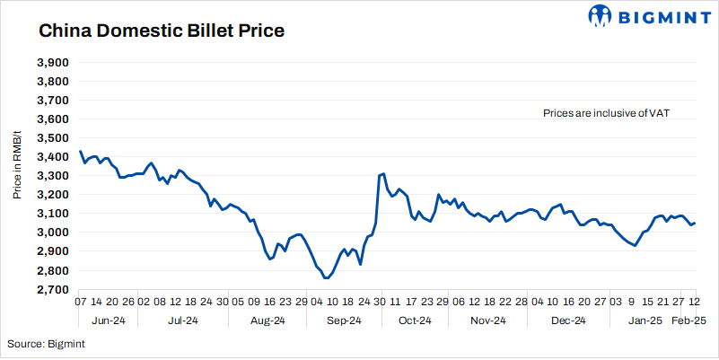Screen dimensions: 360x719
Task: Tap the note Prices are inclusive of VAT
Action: tap(607, 113)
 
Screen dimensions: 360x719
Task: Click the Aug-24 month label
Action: tap(267, 320)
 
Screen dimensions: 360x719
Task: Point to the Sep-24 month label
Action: tap(344, 320)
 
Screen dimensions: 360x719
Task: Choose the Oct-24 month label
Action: tap(416, 320)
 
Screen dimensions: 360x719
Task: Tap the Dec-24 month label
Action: tap(567, 320)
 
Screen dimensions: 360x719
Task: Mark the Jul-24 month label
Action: tap(183, 320)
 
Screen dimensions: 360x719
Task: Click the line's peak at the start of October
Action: tap(383, 173)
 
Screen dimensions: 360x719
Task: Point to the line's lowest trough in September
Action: tap(326, 278)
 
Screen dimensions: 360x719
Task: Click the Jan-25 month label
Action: tap(644, 320)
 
